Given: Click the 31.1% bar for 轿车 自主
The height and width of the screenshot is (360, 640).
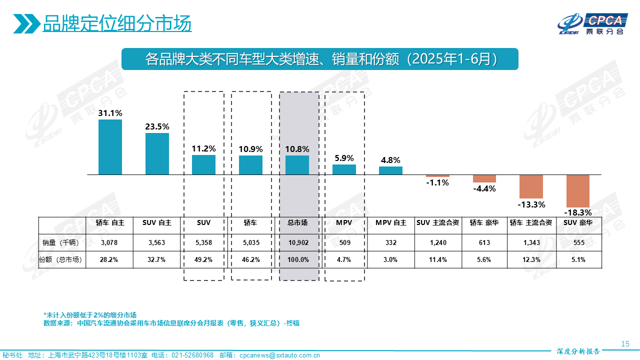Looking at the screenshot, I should pos(110,147).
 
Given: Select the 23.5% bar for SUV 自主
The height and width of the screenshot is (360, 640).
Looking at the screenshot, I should pos(157,153).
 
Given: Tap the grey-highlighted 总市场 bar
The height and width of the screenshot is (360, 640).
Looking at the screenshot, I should pos(297,165).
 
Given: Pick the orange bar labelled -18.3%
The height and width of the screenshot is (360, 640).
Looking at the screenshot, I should pos(577,191).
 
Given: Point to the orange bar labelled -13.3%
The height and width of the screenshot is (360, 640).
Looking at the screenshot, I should pos(531,186).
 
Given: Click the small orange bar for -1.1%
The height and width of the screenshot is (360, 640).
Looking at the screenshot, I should pos(437,176).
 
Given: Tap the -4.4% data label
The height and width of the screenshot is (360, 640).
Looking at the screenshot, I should pos(484,188).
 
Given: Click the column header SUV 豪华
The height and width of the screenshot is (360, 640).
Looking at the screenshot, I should pos(577,223).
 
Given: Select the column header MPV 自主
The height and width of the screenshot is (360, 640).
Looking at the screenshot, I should pos(391,223).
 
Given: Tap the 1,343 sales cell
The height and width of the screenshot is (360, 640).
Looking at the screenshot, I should pos(531,242).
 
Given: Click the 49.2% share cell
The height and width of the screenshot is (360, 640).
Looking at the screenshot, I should pos(204,259).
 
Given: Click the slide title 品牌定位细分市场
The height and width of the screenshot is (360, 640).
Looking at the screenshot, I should pos(117,23).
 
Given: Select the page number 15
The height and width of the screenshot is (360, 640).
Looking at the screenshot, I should pos(624,343).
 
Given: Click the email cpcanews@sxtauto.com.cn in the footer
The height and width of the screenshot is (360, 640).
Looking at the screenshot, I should pos(279,355).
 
